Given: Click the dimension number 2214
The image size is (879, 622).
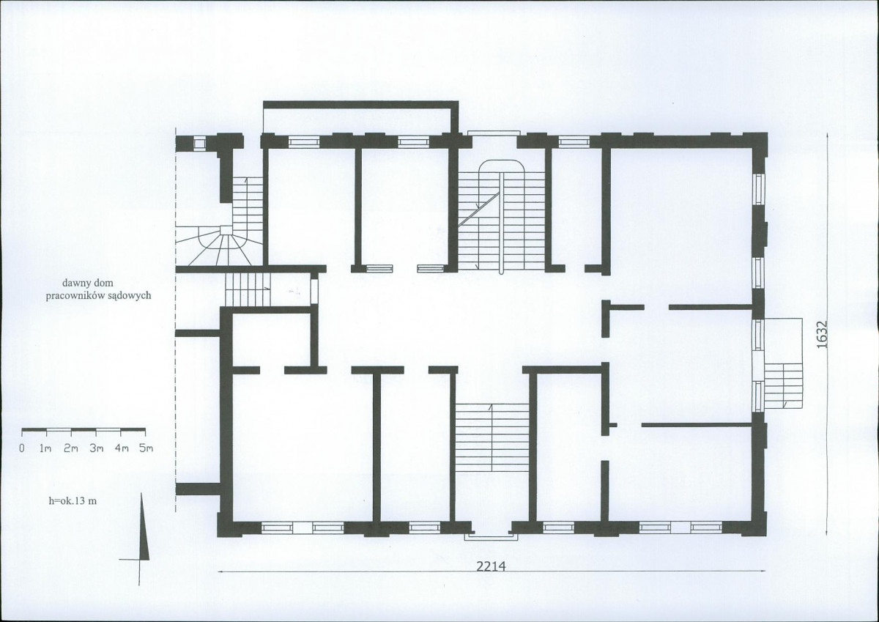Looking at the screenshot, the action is tap(489, 566).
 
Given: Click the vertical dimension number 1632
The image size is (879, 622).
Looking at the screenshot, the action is tap(821, 335).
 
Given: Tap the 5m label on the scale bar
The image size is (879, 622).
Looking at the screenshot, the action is tap(146, 448).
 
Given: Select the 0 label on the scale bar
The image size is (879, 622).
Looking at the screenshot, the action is tap(23, 448).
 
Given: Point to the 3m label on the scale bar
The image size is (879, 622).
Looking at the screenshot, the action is tap(97, 448).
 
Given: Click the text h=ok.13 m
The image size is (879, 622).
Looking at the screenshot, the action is tap(73, 500).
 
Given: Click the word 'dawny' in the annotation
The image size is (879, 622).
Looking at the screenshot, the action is tap(75, 283).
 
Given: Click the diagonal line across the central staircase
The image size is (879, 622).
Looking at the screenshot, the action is tap(479, 210).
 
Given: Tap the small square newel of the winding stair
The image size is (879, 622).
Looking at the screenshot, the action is tap(226, 230).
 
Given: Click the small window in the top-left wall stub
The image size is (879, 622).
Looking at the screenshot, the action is tap(200, 144).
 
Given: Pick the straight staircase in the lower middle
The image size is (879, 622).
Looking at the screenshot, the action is tap(492, 438).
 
